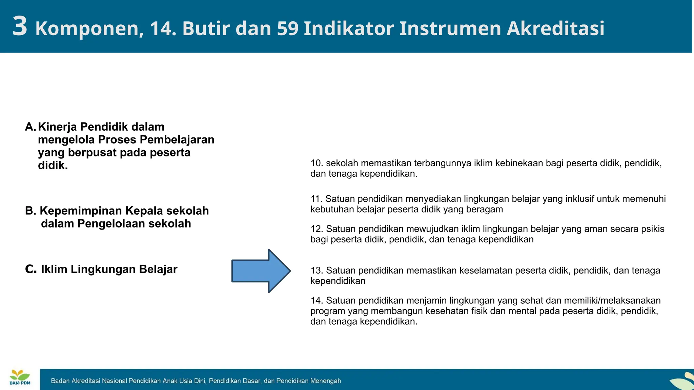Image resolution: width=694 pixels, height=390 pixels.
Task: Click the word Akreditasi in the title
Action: pos(555,28)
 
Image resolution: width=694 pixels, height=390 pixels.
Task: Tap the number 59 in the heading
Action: pos(287,28)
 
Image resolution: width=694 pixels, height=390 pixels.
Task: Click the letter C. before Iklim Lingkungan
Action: pos(30,269)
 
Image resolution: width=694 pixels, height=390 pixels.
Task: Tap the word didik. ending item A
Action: pos(53,166)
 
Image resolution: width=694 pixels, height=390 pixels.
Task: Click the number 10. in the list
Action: pos(317,163)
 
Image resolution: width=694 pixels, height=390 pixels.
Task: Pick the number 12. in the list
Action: pos(317,229)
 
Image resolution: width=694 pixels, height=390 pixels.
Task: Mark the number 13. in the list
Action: pos(317,270)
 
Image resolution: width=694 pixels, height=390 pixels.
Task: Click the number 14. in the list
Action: pos(317,301)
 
